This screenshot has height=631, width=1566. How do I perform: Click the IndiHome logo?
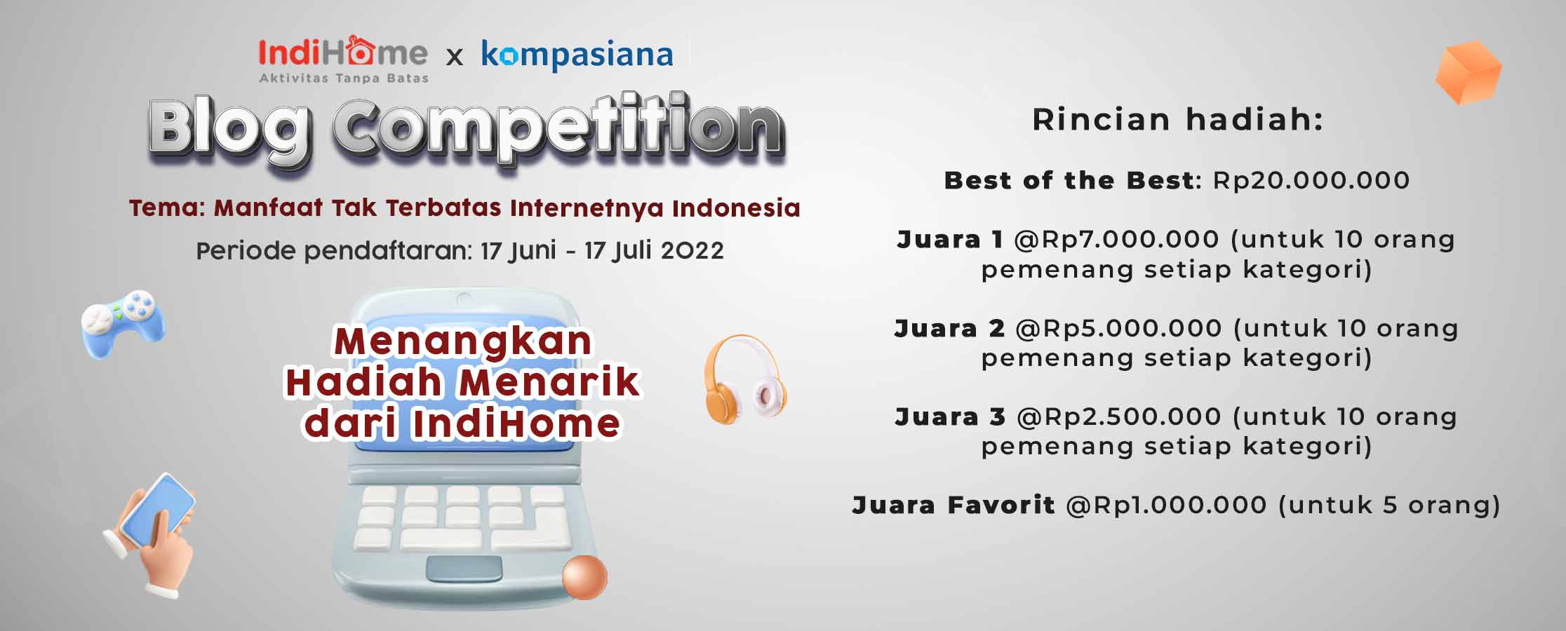(x=343, y=59)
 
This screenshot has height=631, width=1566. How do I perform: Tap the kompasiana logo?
(x=577, y=54)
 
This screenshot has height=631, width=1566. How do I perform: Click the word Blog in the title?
(x=230, y=129)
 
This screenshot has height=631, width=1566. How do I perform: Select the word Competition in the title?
(x=558, y=129)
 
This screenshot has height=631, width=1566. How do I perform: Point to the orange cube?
(x=1468, y=73)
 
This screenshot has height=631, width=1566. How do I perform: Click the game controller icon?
(x=123, y=323)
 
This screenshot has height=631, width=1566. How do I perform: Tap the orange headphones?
(x=745, y=379)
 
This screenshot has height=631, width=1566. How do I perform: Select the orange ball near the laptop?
(x=584, y=577)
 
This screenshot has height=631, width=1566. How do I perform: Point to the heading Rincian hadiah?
(x=1178, y=120)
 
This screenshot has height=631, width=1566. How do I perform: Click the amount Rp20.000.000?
(x=1311, y=180)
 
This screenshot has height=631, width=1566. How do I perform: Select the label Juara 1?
(x=950, y=240)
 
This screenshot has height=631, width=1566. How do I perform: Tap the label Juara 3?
(x=950, y=417)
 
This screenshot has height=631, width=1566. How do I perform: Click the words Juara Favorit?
(x=953, y=506)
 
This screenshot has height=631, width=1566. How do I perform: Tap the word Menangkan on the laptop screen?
(x=463, y=341)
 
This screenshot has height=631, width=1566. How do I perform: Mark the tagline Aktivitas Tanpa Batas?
(x=344, y=79)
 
